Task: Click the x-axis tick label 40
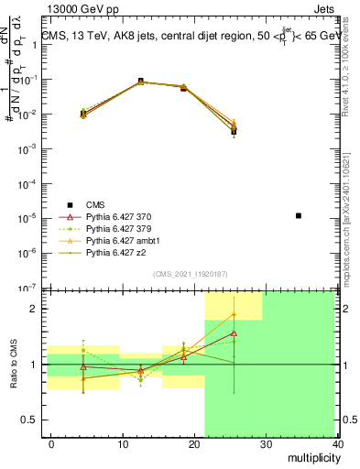(338, 443)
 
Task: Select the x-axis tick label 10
(122, 443)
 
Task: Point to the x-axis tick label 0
(51, 443)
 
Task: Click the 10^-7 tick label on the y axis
(27, 288)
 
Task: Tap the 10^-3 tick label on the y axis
(27, 148)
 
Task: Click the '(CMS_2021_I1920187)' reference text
(191, 273)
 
